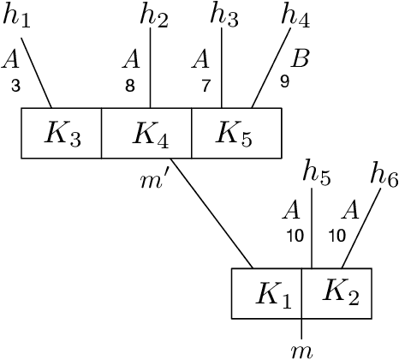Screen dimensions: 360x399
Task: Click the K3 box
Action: (x=62, y=133)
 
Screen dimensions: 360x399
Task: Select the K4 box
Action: (x=146, y=133)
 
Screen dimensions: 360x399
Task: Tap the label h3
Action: (x=226, y=16)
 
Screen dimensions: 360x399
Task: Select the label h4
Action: (x=296, y=16)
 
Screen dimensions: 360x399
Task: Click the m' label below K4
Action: (x=154, y=179)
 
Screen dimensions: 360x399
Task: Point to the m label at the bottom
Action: (x=301, y=348)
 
